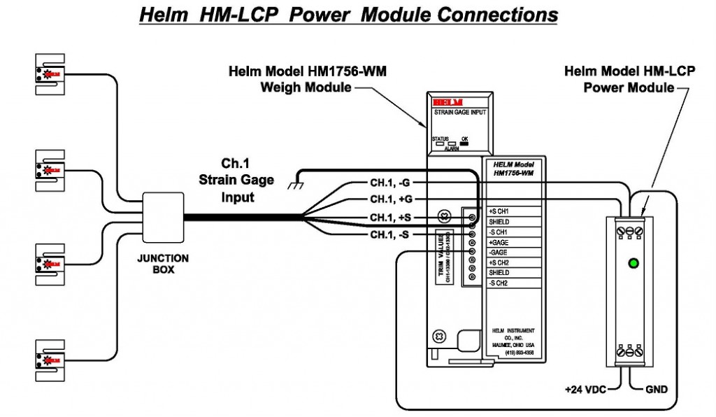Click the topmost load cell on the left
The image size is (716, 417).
[50, 73]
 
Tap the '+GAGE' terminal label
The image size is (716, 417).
[500, 242]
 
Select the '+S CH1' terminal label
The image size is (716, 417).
[503, 211]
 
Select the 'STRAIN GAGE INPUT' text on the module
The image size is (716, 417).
[459, 111]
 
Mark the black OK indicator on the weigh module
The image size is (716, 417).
[465, 143]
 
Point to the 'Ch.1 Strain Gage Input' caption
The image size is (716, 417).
[234, 181]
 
